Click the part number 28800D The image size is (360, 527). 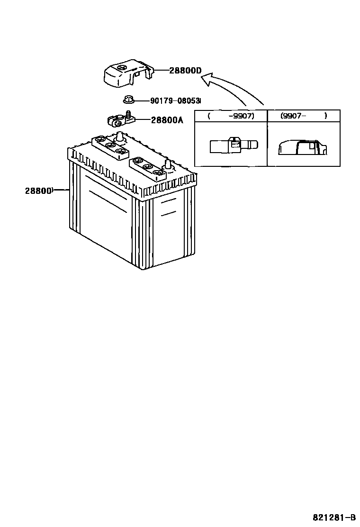click(x=185, y=71)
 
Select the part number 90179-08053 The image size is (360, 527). click(x=175, y=100)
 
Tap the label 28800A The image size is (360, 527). click(x=167, y=120)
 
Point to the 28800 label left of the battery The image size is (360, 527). click(x=38, y=191)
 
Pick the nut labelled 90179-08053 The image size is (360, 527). click(x=127, y=100)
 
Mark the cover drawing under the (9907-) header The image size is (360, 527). click(x=302, y=146)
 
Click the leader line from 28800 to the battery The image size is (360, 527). click(x=62, y=191)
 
